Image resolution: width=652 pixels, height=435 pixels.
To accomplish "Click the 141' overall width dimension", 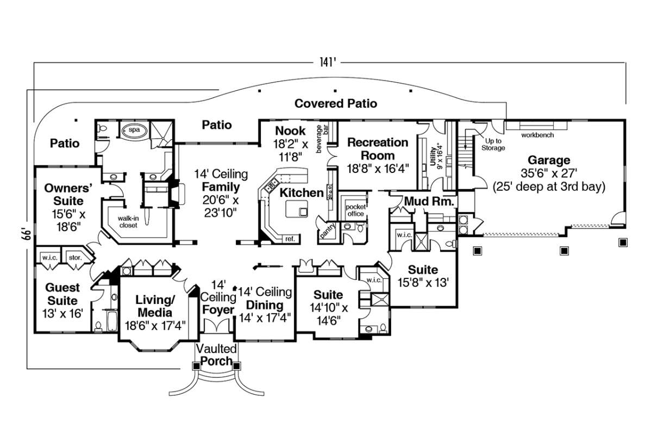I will pos(329,62).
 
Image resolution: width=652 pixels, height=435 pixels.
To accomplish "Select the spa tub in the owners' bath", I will pos(134,131).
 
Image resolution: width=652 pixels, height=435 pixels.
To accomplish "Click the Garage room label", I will pos(549,160).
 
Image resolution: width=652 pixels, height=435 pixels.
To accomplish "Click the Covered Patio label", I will pos(336,103).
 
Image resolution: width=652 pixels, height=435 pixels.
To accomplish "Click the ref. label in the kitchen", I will pos(289,239).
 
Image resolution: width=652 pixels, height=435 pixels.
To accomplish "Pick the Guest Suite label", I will pos(61,294).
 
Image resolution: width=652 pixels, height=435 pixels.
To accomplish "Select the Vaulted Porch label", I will pos(216,355).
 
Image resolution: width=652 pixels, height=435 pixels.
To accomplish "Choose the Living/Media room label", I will pos(155,307).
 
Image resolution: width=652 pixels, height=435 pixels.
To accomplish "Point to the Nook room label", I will pos(291,130).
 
